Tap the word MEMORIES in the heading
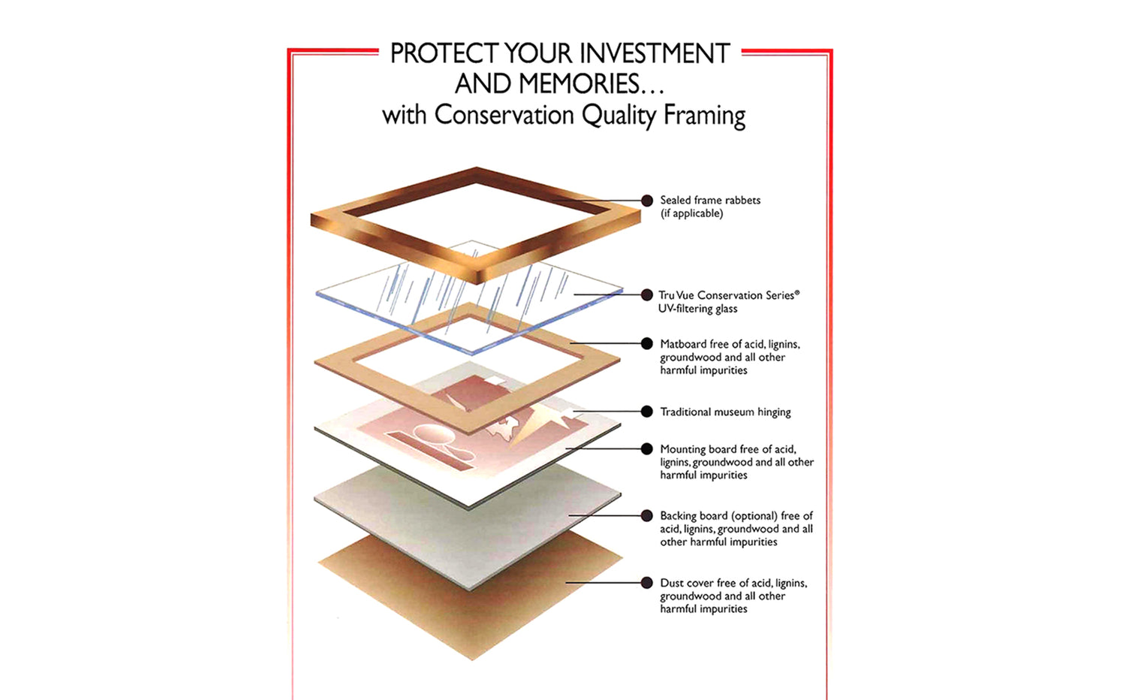coord(580,84)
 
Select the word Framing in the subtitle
coord(704,116)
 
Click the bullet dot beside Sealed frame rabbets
coord(647,201)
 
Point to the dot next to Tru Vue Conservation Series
coord(647,295)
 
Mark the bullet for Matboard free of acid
coord(647,343)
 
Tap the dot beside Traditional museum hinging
coord(647,412)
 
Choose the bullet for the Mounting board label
coord(647,448)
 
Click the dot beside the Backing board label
coord(647,515)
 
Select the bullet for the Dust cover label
coord(647,583)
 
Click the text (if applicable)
coord(691,214)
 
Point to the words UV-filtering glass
coord(697,309)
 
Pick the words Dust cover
coord(686,583)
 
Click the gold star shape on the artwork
coord(540,421)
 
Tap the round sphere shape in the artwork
coord(430,433)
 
